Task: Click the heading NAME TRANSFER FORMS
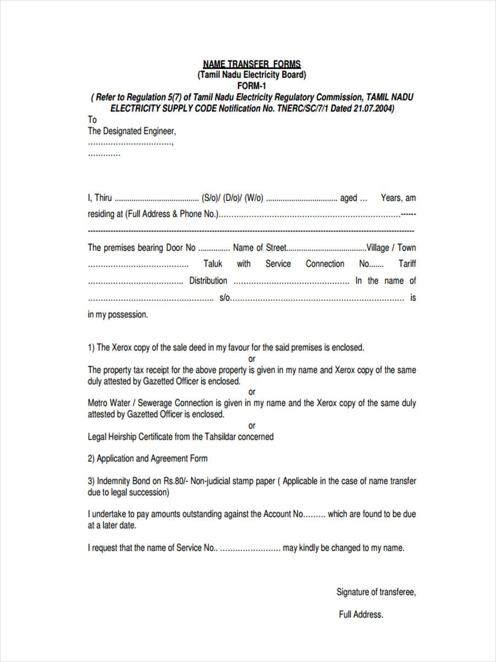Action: tap(252, 65)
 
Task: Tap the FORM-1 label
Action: tap(252, 86)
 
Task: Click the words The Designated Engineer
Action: tap(132, 131)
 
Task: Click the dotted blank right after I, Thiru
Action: tap(157, 198)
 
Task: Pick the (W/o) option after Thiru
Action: tap(254, 198)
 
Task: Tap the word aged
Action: tap(348, 198)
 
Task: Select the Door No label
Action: tap(181, 248)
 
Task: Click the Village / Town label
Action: tap(391, 248)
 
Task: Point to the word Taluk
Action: tap(213, 264)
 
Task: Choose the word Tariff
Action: tap(407, 264)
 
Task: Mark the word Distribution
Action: tap(208, 281)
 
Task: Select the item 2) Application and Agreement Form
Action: tap(148, 459)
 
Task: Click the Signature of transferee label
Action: tap(376, 592)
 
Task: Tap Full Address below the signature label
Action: tap(361, 615)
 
